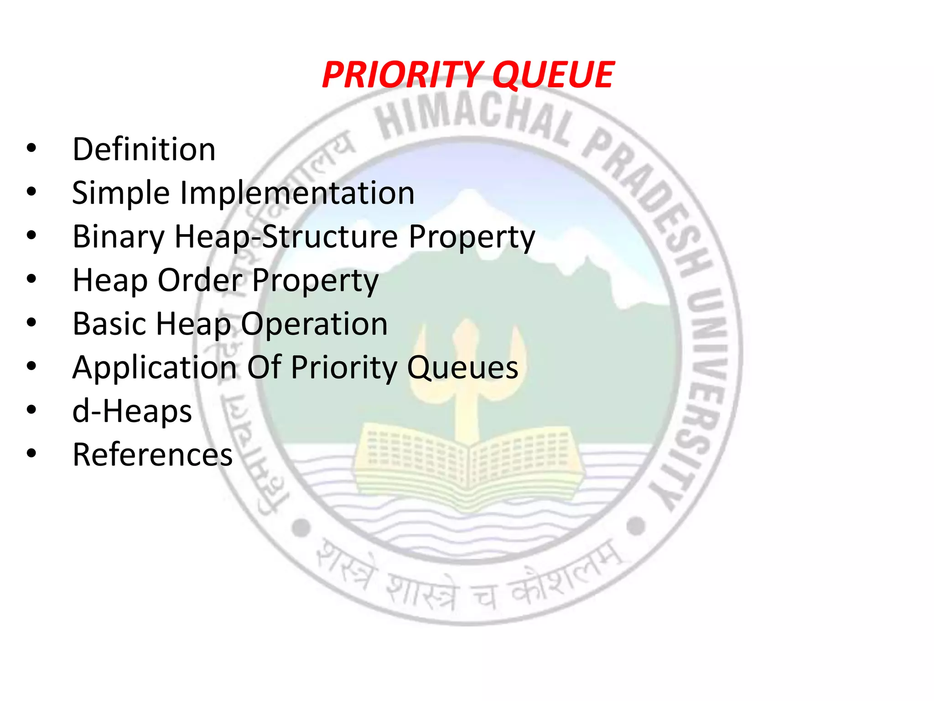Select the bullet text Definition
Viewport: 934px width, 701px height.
[x=144, y=149]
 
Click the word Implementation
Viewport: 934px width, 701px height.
[x=297, y=193]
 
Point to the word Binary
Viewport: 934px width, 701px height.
[x=119, y=237]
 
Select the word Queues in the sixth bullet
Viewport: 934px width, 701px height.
[x=462, y=367]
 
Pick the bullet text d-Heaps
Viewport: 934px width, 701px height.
[x=132, y=411]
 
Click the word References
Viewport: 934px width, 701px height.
[x=152, y=455]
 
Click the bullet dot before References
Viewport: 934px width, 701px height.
[x=31, y=454]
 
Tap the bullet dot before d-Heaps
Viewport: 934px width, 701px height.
[x=31, y=410]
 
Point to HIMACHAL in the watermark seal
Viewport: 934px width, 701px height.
[x=474, y=116]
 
